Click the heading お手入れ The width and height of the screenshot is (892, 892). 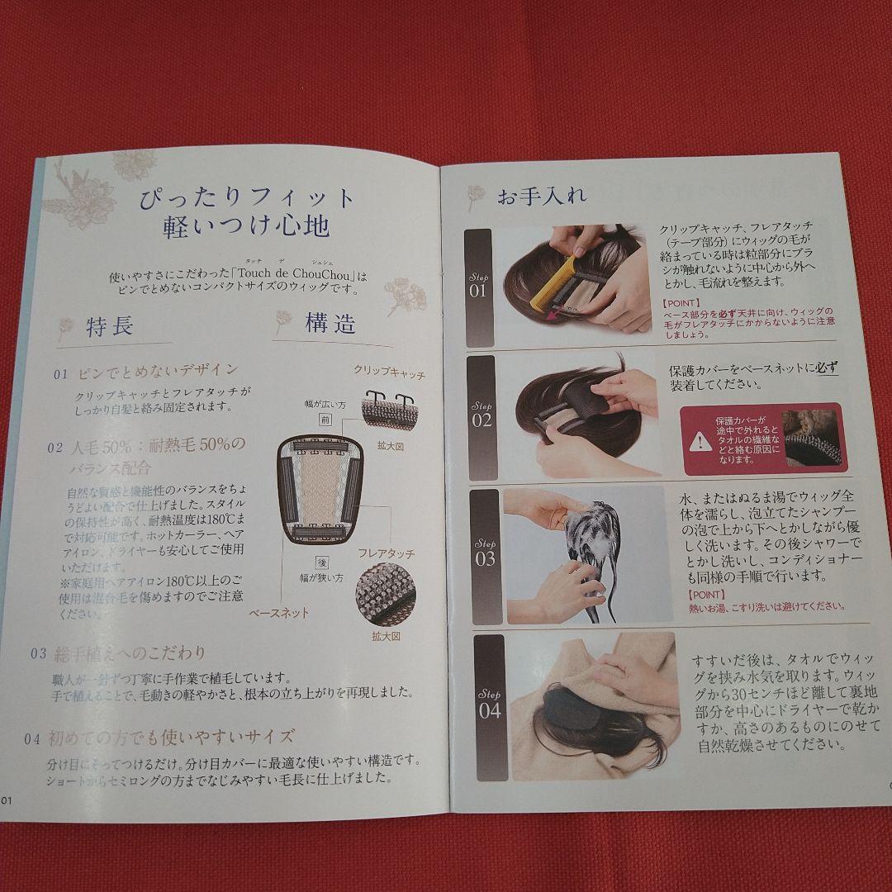coord(542,197)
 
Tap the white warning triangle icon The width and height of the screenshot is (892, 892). coord(702,441)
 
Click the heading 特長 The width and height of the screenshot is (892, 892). coord(110,327)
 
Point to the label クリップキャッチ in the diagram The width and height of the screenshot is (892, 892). coord(389,374)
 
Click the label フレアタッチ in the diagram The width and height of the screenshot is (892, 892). coord(386,553)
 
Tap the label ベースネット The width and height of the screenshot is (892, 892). coord(278,613)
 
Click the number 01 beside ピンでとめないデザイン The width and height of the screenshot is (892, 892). coord(61,374)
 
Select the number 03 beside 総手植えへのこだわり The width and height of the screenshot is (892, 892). coord(39,653)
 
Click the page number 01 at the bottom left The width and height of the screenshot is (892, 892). coord(7,799)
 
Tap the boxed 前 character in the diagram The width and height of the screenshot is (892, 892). coord(325,421)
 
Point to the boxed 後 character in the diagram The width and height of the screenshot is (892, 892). coord(323,562)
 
